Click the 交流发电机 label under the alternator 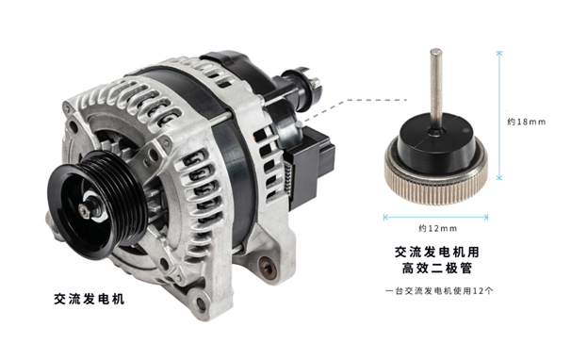pos(90,299)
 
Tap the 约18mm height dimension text pos(527,122)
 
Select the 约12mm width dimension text pos(437,228)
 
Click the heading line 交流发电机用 pos(437,252)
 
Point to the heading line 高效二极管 pos(437,269)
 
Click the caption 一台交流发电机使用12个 pos(439,291)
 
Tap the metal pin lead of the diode pos(436,88)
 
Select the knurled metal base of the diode pos(436,175)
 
